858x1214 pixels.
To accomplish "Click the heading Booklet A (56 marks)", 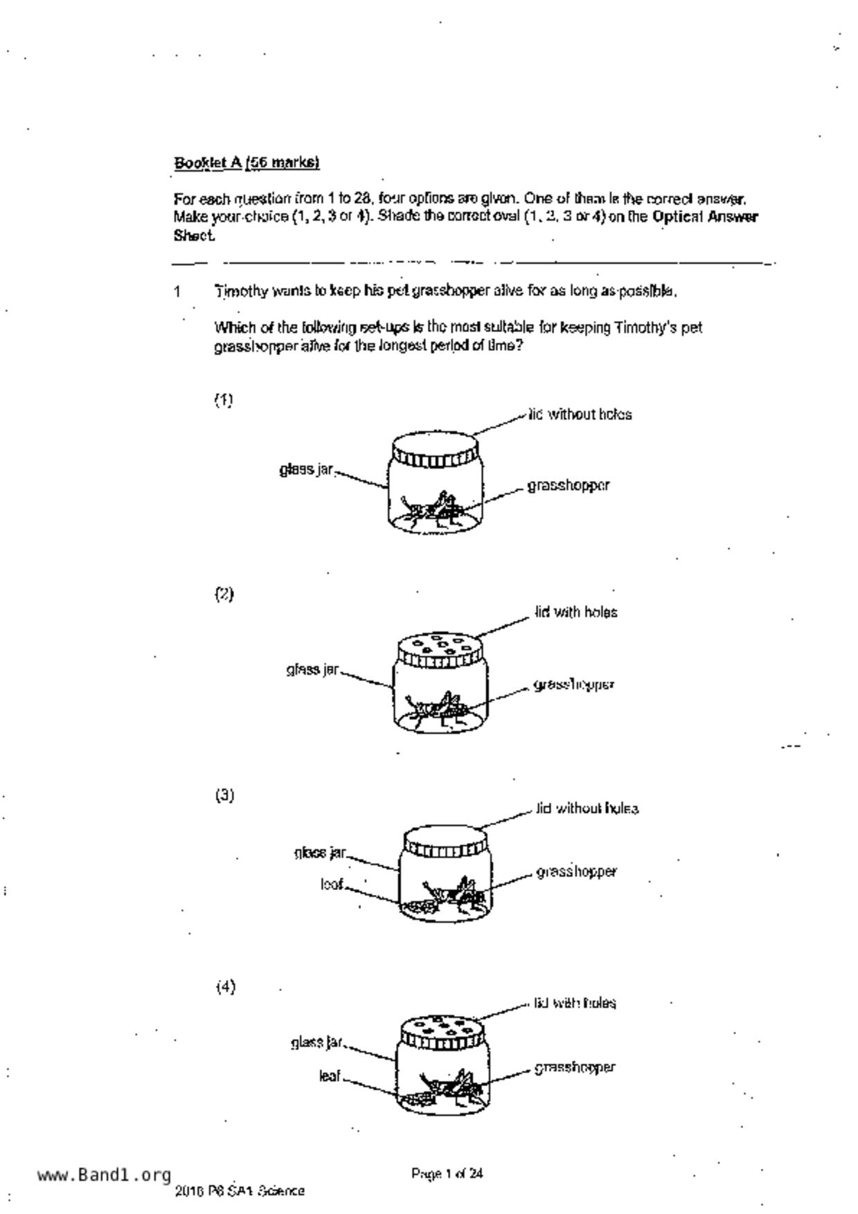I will (247, 163).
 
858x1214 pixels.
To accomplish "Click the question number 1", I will (178, 291).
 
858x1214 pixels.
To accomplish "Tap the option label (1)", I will (223, 400).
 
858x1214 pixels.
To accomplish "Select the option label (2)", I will (224, 594).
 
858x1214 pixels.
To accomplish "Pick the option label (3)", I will (224, 795).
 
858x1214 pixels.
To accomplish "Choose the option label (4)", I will (225, 987).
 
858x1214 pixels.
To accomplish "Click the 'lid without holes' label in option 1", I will (580, 415).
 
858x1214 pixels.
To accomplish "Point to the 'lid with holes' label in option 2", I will (576, 613).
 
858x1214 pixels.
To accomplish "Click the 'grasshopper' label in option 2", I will (574, 685).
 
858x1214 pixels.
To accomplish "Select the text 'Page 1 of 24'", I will (447, 1173).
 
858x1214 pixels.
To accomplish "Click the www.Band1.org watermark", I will (104, 1175).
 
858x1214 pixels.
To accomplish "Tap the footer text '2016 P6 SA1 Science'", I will (240, 1191).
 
